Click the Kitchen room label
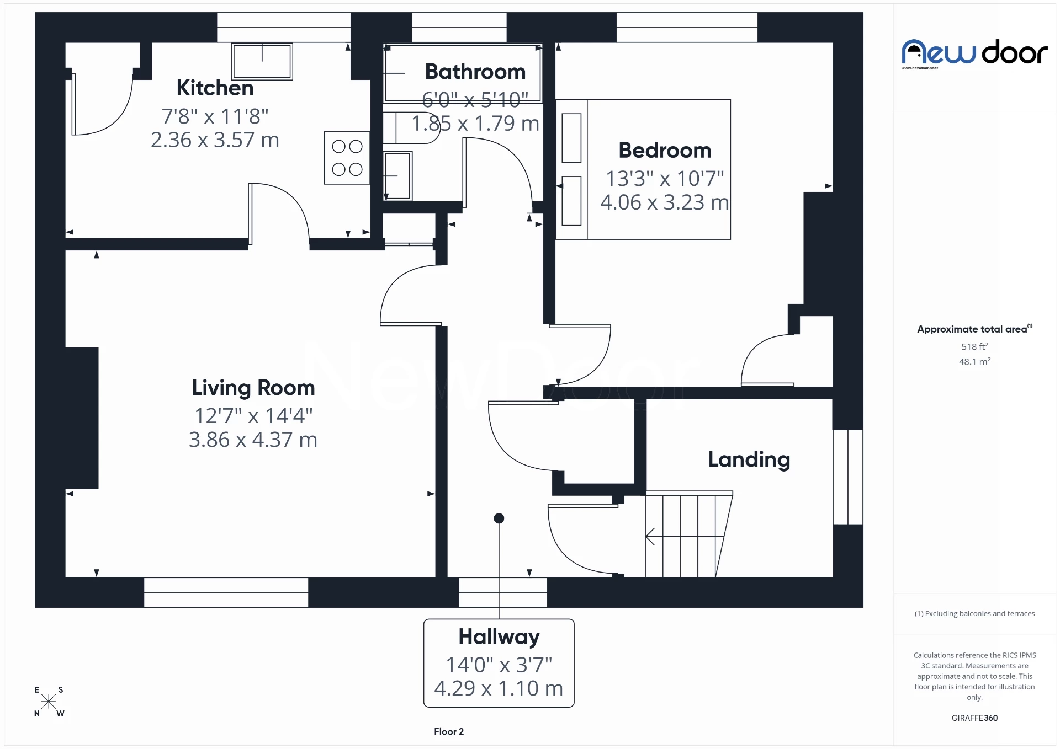click(215, 88)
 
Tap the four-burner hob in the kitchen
click(347, 158)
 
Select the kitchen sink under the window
click(262, 61)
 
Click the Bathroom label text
click(475, 72)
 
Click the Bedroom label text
click(664, 150)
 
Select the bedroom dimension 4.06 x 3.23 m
click(664, 202)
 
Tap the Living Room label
click(253, 388)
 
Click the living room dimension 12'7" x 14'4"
click(253, 416)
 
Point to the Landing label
click(749, 459)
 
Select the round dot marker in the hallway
click(499, 518)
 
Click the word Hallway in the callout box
click(499, 637)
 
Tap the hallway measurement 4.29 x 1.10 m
click(499, 688)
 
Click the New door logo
click(974, 54)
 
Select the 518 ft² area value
click(974, 346)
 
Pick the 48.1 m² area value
click(974, 362)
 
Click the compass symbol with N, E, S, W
click(49, 702)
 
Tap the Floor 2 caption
click(448, 731)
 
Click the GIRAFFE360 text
click(974, 718)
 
